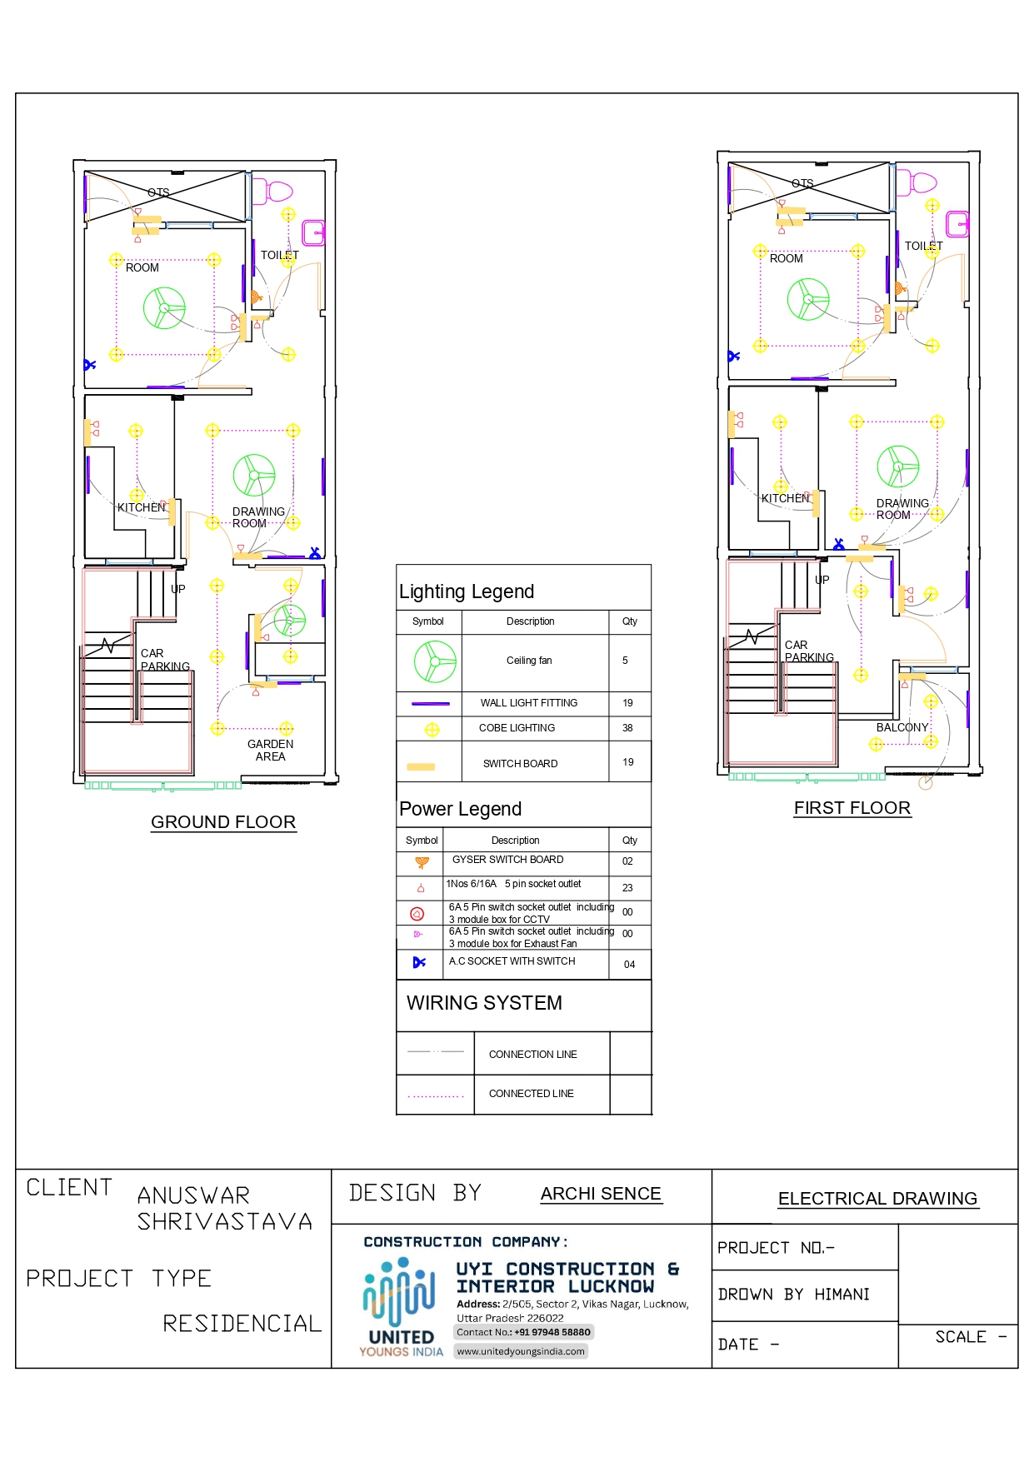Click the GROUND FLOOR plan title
tap(223, 822)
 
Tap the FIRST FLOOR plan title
tap(852, 808)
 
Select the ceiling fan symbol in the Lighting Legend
tap(435, 661)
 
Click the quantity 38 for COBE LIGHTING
tap(627, 728)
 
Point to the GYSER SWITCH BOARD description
tap(507, 860)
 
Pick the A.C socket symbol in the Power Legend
tap(419, 962)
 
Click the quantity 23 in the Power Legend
tap(627, 888)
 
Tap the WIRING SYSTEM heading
tap(484, 1003)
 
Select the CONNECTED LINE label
tap(531, 1094)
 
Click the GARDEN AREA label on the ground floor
tap(270, 751)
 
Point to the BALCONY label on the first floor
tap(902, 727)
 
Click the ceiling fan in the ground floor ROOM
tap(164, 308)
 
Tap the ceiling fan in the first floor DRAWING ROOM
tap(898, 467)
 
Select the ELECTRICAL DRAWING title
tap(877, 1199)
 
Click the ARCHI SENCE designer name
tap(601, 1194)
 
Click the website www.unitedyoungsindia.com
tap(521, 1351)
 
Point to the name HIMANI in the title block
tap(842, 1295)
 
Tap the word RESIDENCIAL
tap(242, 1324)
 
